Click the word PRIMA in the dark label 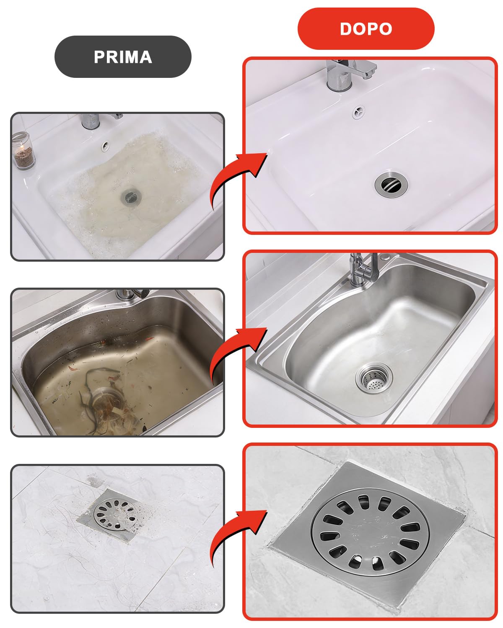(123, 57)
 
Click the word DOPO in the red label (366, 29)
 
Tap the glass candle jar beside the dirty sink (23, 150)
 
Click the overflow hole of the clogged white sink (105, 145)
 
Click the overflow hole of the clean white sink (358, 112)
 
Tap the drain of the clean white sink (391, 184)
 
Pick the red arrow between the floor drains (237, 538)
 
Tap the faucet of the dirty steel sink (132, 294)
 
